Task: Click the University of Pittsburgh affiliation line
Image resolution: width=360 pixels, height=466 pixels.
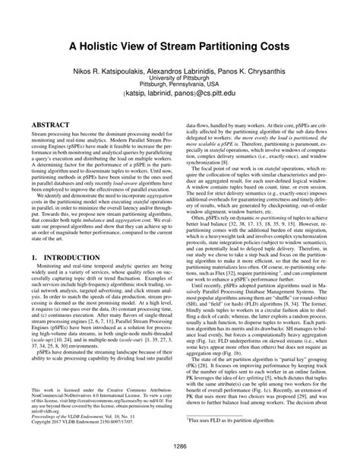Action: (180, 78)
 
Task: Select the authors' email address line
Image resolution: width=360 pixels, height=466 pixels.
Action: (180, 96)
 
